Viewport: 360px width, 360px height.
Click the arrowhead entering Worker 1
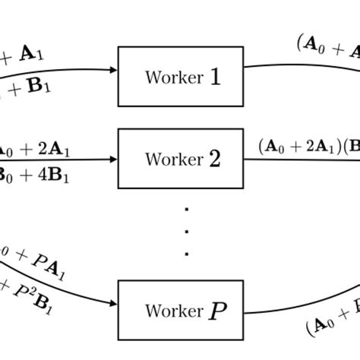113,70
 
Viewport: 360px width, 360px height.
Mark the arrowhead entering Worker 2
113,159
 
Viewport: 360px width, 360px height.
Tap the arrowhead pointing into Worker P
113,302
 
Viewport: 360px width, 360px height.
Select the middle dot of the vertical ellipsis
186,230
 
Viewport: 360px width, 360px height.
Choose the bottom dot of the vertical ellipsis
186,251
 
